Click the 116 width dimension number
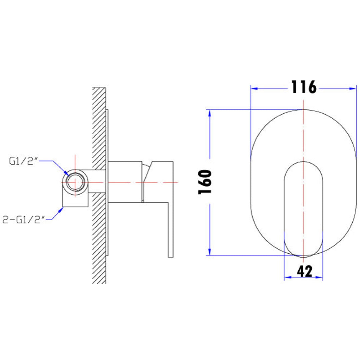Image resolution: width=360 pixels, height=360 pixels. click(x=304, y=87)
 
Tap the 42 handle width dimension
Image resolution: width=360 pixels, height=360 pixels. click(x=304, y=272)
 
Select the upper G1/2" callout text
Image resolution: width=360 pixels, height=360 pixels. click(x=24, y=162)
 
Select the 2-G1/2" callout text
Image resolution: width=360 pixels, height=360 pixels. click(x=23, y=219)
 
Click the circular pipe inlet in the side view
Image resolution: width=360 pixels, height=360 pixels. click(x=75, y=183)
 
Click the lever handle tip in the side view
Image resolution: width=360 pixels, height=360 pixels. click(x=170, y=253)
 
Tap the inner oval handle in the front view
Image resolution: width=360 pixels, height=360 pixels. click(x=303, y=208)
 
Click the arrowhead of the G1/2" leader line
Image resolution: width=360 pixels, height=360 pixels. click(x=66, y=173)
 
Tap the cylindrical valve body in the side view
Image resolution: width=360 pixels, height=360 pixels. click(x=124, y=182)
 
